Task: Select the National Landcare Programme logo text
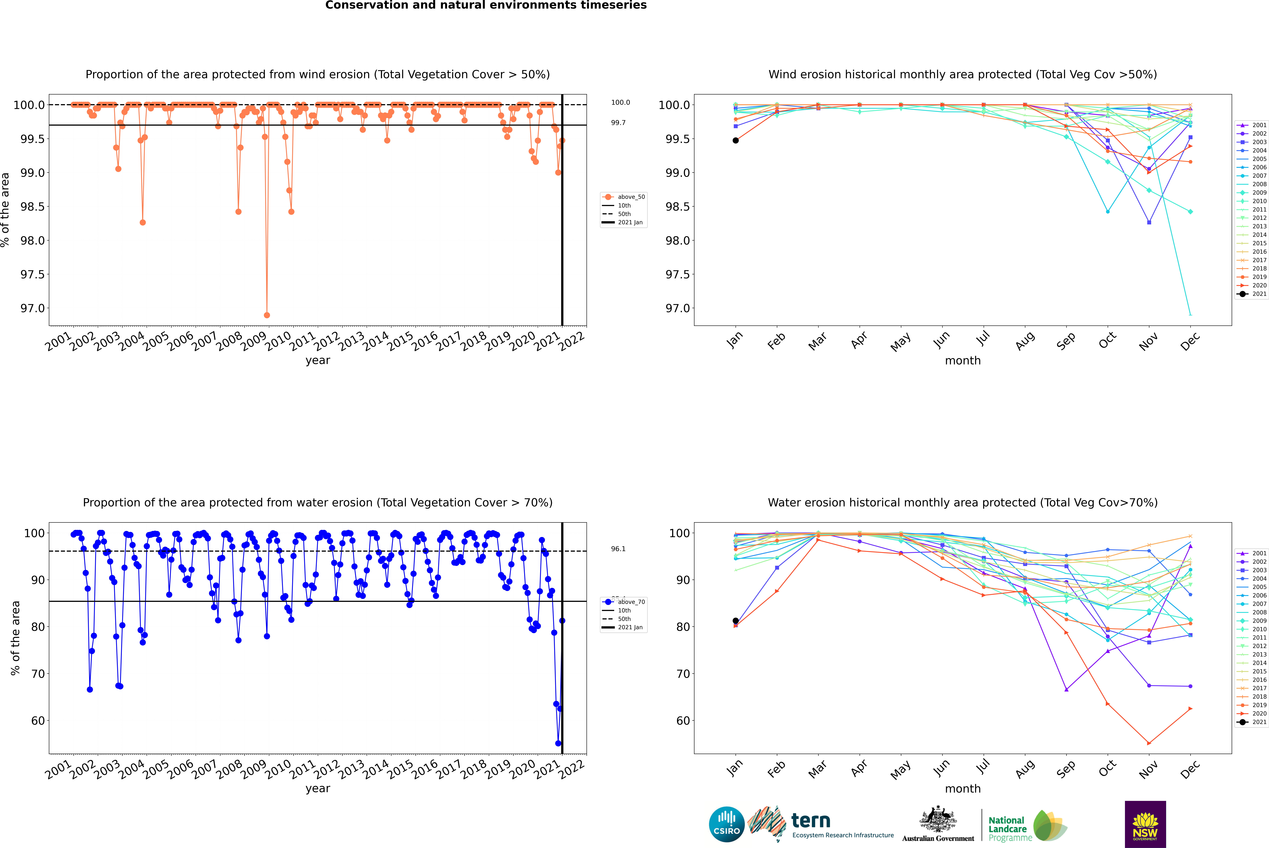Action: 1007,829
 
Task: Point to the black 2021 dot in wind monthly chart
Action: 736,141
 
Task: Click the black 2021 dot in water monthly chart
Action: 736,621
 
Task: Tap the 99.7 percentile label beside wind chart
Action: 618,123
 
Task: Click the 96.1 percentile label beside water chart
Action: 618,549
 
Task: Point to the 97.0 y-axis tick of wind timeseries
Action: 32,308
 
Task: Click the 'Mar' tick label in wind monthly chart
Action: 817,341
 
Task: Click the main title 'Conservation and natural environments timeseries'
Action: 486,5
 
